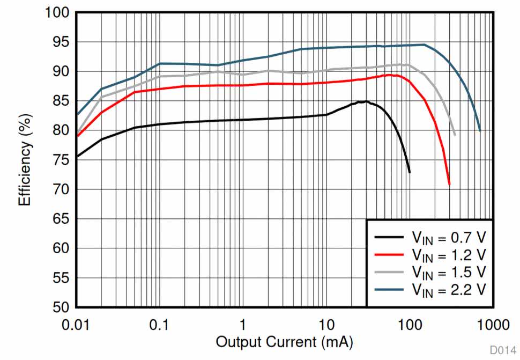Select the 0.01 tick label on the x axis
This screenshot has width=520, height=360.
click(76, 324)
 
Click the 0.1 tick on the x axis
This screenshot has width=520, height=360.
click(159, 324)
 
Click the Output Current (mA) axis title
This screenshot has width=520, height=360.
click(284, 342)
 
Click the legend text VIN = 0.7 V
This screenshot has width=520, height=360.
click(449, 237)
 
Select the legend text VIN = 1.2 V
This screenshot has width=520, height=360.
click(449, 253)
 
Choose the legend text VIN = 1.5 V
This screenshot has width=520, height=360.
click(449, 271)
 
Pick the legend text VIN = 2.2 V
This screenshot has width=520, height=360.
click(449, 289)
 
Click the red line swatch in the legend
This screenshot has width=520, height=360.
click(389, 254)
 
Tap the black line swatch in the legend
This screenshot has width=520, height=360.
click(389, 237)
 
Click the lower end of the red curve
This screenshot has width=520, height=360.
click(449, 184)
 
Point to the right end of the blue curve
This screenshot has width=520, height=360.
click(480, 130)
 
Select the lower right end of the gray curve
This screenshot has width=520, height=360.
click(455, 135)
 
